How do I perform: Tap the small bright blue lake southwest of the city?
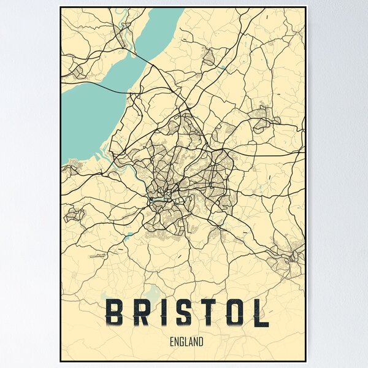[129, 235]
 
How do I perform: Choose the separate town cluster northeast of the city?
[261, 119]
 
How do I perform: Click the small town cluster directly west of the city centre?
[75, 214]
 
